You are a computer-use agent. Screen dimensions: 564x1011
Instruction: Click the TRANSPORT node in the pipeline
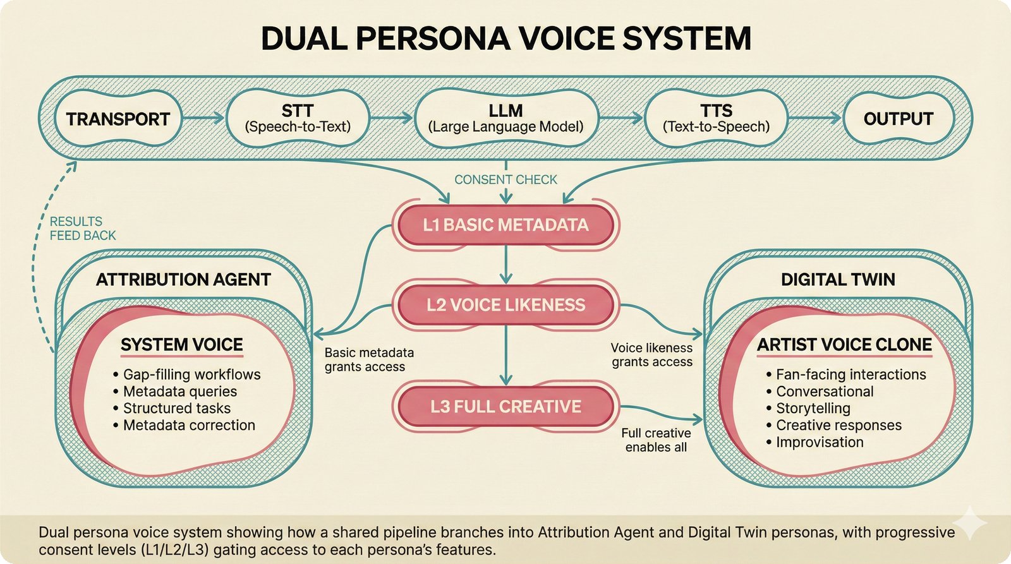[x=118, y=119]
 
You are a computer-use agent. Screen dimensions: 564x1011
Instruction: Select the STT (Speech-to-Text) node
[x=298, y=118]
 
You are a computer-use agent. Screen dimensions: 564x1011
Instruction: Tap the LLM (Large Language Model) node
[x=505, y=118]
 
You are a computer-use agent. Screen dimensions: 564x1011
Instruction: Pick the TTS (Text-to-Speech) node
[x=716, y=118]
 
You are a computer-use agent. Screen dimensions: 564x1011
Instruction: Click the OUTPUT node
[x=898, y=119]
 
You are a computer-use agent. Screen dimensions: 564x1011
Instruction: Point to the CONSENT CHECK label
[x=505, y=180]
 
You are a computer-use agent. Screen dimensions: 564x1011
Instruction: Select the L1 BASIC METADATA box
[x=505, y=225]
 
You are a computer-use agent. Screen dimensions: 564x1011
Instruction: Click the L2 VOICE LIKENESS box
[x=505, y=305]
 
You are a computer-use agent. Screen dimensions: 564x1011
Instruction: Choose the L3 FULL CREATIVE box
[x=505, y=406]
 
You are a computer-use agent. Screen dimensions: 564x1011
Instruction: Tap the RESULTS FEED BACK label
[x=83, y=229]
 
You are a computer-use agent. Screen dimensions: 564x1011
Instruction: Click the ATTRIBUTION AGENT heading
[x=183, y=280]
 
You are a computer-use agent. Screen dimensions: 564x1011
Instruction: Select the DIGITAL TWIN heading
[x=838, y=280]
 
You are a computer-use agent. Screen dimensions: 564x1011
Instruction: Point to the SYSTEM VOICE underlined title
[x=182, y=345]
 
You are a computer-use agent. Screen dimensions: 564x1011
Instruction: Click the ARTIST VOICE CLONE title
[x=844, y=345]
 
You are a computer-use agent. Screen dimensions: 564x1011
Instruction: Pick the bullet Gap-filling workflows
[x=191, y=375]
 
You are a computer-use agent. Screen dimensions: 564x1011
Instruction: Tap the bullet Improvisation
[x=820, y=442]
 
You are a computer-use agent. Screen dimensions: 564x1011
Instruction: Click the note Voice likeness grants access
[x=651, y=355]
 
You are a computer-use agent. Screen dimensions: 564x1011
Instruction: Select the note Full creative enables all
[x=656, y=440]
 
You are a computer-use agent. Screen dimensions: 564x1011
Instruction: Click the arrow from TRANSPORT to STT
[x=203, y=118]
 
